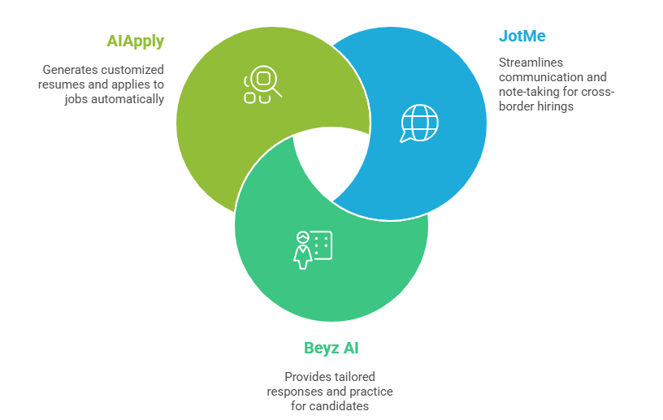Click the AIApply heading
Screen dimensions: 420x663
[x=135, y=41]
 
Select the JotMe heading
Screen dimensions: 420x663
[x=522, y=37]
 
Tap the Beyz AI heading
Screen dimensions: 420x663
[x=331, y=349]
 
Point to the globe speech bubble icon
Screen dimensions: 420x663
[x=418, y=124]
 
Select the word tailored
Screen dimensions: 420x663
[x=353, y=377]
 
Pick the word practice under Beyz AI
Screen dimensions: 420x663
[x=372, y=392]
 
